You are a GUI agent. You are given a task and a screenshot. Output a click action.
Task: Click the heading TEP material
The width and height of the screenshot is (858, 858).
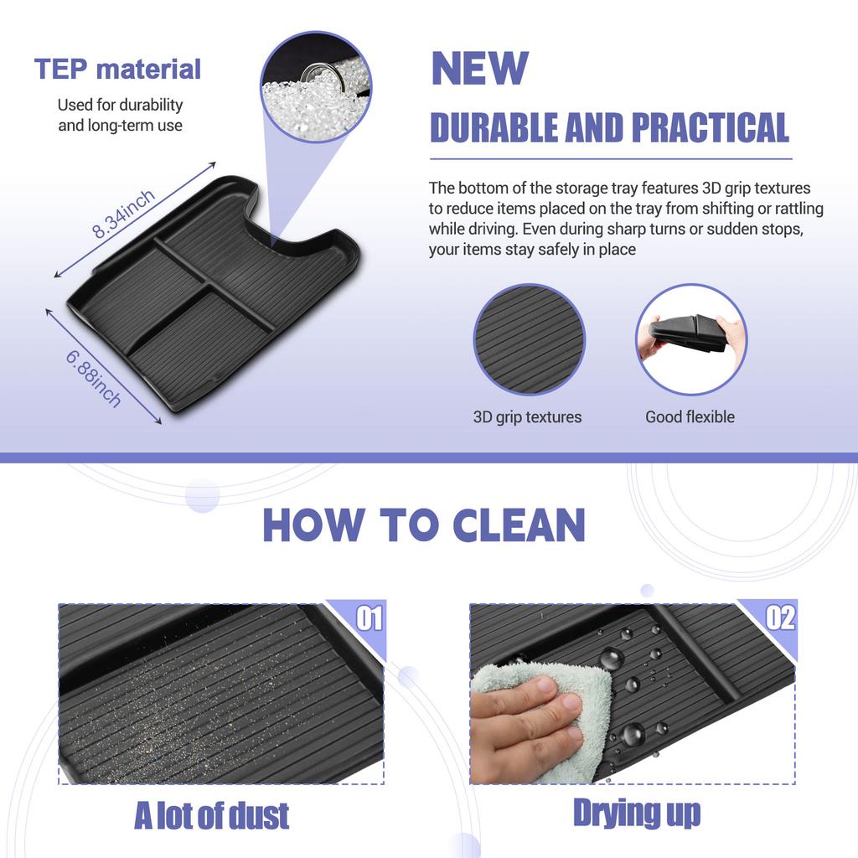click(x=117, y=69)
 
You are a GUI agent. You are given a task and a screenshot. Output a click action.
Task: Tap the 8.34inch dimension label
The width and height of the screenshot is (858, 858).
click(x=123, y=214)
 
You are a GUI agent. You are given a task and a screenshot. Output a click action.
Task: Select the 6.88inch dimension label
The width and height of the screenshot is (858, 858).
click(x=94, y=379)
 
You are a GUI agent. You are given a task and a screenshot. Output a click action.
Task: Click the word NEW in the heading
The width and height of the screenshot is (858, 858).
click(x=480, y=68)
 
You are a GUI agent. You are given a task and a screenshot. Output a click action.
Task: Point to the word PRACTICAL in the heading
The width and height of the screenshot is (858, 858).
click(x=711, y=127)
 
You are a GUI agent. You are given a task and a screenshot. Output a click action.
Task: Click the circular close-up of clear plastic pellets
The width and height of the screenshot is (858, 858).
click(x=316, y=86)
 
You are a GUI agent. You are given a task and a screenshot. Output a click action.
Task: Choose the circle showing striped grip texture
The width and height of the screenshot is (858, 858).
click(x=530, y=340)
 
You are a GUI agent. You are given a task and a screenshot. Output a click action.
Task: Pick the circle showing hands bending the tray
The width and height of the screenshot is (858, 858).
click(x=691, y=340)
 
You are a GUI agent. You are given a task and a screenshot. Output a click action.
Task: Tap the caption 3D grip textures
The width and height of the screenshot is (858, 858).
click(x=528, y=417)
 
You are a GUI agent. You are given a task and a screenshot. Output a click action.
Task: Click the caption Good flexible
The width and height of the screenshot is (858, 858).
click(x=690, y=417)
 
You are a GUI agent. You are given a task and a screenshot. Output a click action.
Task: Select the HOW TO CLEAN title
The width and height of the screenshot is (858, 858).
click(x=424, y=525)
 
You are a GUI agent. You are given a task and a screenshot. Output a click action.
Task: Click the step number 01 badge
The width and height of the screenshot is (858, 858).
click(x=370, y=618)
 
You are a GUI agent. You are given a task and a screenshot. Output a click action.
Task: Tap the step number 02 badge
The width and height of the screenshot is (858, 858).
click(x=780, y=618)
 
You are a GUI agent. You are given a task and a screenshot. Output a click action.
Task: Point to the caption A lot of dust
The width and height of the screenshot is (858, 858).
click(x=212, y=815)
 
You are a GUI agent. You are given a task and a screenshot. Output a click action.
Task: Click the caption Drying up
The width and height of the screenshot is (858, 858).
click(x=637, y=813)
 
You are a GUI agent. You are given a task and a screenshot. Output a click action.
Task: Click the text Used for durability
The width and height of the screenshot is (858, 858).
click(x=121, y=105)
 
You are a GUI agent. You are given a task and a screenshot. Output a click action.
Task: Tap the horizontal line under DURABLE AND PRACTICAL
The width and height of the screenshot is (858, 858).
click(x=611, y=159)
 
